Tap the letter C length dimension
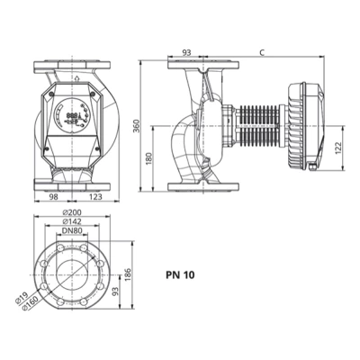261,53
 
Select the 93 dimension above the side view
185,53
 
